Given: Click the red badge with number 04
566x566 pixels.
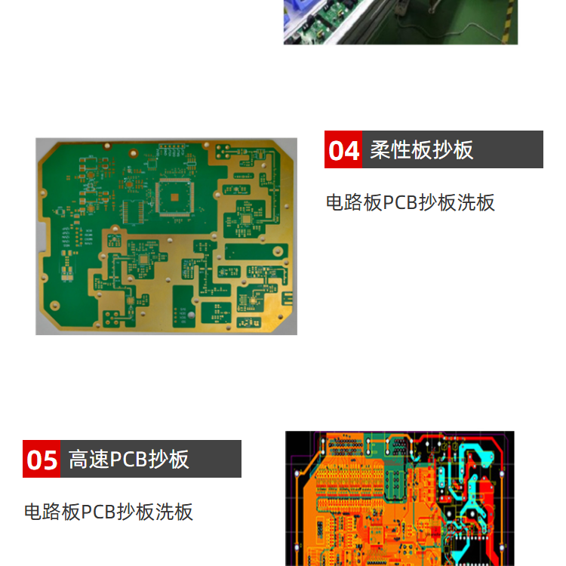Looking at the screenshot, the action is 343,149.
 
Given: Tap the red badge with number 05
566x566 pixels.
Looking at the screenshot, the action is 42,459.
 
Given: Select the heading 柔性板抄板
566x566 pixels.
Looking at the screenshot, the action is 422,150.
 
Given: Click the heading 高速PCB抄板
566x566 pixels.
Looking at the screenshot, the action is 128,459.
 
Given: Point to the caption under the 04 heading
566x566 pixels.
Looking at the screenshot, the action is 411,202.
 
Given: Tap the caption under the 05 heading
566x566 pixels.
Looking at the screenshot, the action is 109,512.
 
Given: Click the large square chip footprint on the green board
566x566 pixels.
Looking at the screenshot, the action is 175,197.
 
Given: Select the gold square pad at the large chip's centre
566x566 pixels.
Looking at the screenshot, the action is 175,197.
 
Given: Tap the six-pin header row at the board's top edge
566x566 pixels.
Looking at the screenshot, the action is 172,146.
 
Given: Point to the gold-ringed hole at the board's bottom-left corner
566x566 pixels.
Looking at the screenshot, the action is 54,305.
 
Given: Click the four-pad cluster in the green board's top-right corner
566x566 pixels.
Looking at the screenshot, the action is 223,151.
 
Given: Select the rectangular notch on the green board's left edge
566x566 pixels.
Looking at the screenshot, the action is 42,237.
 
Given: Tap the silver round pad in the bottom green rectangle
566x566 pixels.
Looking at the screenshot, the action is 191,315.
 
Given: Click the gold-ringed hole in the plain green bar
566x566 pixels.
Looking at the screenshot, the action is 278,251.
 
